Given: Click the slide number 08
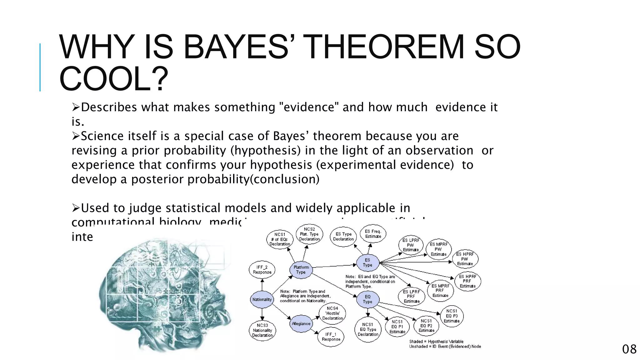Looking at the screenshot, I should point(629,349).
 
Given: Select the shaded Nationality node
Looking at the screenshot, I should point(262,299).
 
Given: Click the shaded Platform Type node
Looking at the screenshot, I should point(301,270).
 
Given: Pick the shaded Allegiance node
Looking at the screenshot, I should point(301,324).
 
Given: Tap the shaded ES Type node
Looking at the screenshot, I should point(367,262).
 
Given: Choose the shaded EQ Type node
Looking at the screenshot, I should point(367,299).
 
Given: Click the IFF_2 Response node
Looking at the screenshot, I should point(262,270).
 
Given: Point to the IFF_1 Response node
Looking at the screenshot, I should point(331,337).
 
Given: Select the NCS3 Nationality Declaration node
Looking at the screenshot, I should point(262,330).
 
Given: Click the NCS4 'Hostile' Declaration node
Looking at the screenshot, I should point(332,313).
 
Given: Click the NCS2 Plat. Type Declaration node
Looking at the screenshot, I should point(309,234).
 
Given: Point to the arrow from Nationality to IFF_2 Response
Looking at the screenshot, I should point(262,285).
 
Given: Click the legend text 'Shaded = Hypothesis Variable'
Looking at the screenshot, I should point(436,342).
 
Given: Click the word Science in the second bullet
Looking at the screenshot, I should point(103,136).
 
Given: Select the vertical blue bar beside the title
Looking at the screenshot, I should point(40,67).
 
